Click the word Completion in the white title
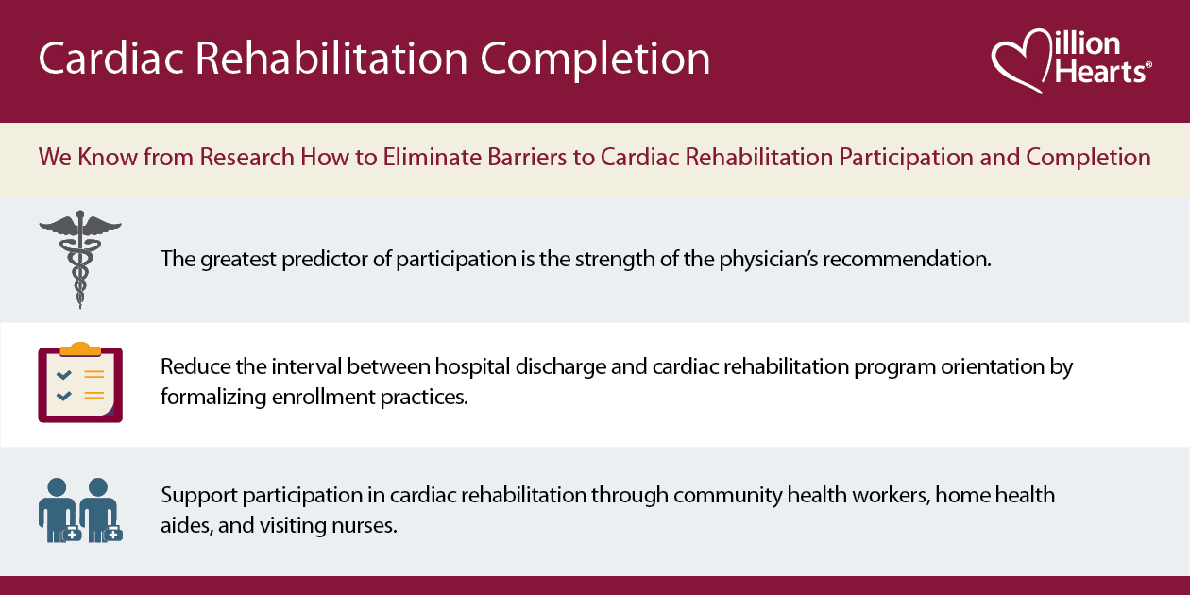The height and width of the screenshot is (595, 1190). (596, 59)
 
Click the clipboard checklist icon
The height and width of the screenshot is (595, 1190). (80, 383)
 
